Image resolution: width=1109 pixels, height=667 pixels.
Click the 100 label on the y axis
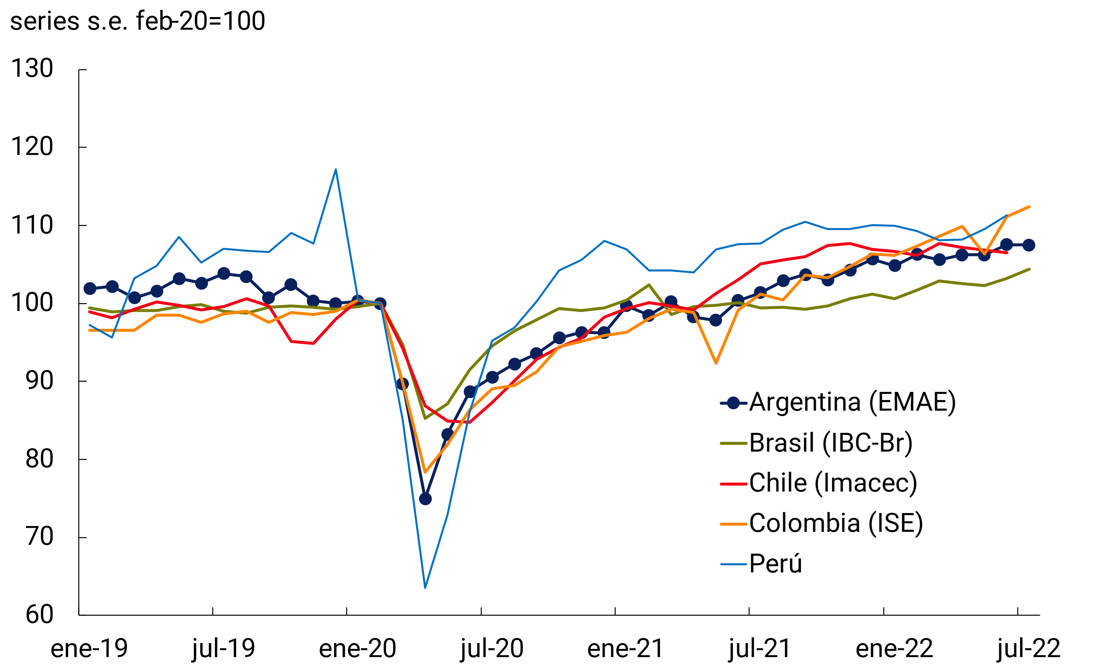pyautogui.click(x=32, y=303)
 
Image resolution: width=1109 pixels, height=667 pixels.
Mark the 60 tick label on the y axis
pyautogui.click(x=39, y=614)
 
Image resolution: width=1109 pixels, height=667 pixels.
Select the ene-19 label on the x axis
pyautogui.click(x=89, y=648)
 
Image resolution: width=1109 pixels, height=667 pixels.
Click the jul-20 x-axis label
pyautogui.click(x=492, y=648)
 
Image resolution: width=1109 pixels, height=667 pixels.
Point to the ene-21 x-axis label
pyautogui.click(x=625, y=648)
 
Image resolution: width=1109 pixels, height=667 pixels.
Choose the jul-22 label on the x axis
pyautogui.click(x=1028, y=648)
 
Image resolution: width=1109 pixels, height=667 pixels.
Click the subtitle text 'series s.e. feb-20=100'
pyautogui.click(x=138, y=21)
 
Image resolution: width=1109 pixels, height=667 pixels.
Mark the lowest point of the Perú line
pyautogui.click(x=425, y=587)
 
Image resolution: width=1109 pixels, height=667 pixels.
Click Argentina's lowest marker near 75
pyautogui.click(x=425, y=499)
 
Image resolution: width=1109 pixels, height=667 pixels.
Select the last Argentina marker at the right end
pyautogui.click(x=1028, y=245)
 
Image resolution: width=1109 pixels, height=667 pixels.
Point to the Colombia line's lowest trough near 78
pyautogui.click(x=425, y=472)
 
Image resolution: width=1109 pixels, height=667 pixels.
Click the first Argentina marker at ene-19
pyautogui.click(x=90, y=288)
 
